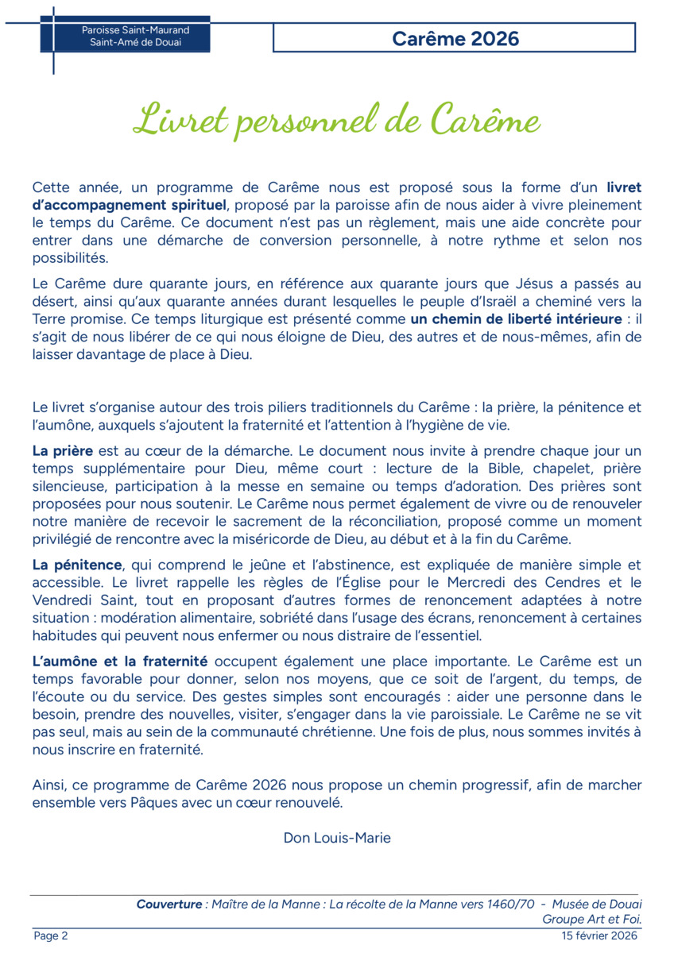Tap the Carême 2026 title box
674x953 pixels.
coord(455,37)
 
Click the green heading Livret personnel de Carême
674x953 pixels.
coord(337,120)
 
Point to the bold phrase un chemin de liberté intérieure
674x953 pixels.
coord(517,320)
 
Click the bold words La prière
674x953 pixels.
coord(63,450)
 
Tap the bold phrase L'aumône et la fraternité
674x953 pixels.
coord(120,661)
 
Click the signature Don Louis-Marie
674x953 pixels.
coord(337,838)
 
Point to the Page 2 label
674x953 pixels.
coord(51,936)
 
